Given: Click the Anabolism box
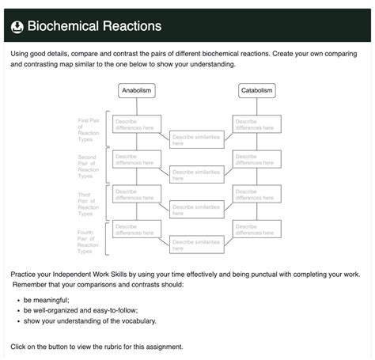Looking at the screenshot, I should (137, 91).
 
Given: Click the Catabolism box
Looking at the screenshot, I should (257, 91).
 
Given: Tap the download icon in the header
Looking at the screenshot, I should (17, 27).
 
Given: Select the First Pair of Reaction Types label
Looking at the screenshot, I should (89, 130).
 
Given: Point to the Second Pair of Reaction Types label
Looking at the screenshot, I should (89, 166).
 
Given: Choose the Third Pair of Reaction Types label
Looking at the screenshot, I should (89, 203).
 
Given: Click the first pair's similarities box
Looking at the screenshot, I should (197, 140).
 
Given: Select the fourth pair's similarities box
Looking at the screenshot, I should (197, 244).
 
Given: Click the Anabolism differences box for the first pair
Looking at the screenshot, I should (137, 124).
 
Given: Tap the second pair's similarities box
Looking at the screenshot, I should (197, 175).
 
